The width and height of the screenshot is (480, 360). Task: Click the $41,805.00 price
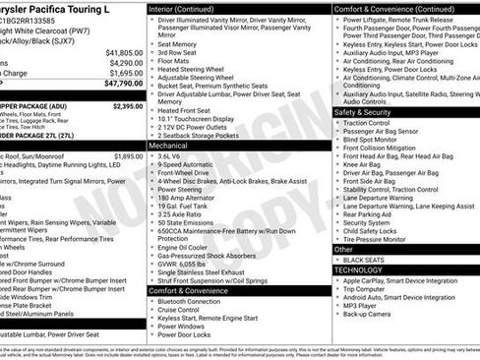124,52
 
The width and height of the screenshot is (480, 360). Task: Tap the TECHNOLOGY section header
359,269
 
